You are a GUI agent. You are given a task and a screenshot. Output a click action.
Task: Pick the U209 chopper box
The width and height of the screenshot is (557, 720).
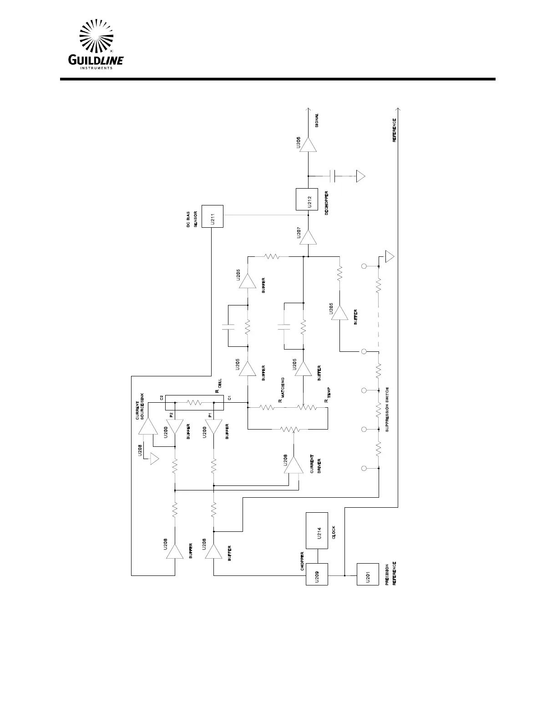(316, 574)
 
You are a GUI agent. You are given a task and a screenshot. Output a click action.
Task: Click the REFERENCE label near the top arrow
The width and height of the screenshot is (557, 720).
(395, 130)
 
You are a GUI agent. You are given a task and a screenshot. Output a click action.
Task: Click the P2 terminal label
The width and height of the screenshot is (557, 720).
(171, 415)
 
